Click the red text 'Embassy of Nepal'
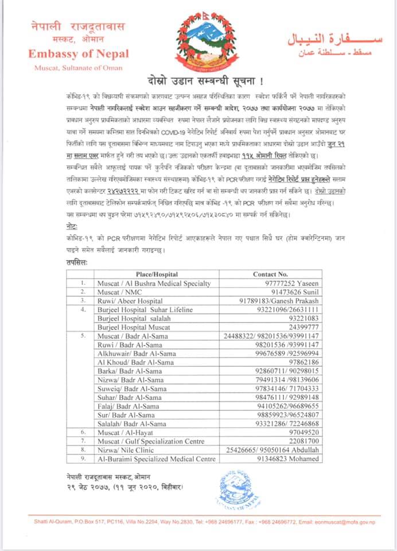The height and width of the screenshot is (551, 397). coord(79,55)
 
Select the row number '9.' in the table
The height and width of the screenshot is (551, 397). coord(83,459)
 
